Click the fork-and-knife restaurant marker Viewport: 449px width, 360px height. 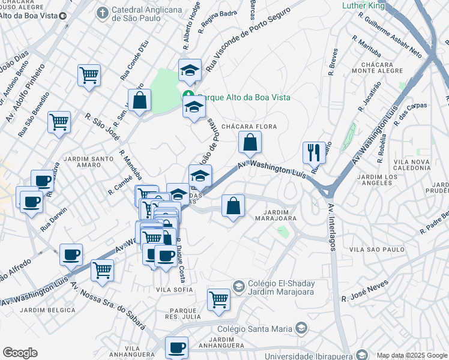click(x=313, y=153)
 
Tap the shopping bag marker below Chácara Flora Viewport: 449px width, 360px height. click(x=250, y=143)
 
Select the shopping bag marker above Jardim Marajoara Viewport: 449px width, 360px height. click(x=233, y=206)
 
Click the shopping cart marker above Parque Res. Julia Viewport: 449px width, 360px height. click(x=218, y=299)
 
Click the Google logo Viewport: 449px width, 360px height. click(x=20, y=353)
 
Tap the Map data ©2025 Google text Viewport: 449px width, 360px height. click(x=411, y=355)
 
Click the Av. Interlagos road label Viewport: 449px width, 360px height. click(x=331, y=227)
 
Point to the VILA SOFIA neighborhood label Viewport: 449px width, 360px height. click(x=174, y=290)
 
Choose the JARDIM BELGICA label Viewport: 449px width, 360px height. click(x=47, y=310)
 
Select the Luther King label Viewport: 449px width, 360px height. click(x=363, y=5)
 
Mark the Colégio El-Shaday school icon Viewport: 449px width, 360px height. click(x=238, y=286)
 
